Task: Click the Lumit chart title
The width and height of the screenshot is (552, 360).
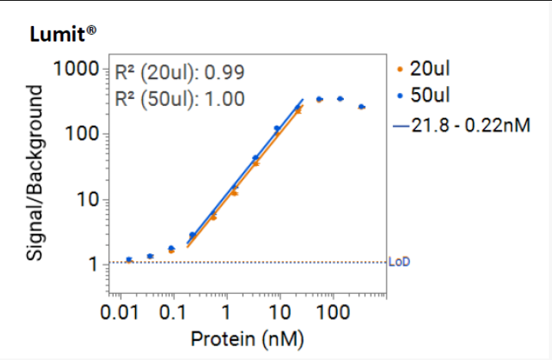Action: (62, 34)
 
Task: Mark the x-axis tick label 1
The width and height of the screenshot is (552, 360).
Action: (226, 314)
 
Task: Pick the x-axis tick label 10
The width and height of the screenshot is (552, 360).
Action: (279, 314)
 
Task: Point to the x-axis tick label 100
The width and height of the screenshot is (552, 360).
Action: (332, 314)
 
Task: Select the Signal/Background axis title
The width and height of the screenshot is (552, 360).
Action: (36, 165)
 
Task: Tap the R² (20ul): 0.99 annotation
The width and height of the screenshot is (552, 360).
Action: (180, 73)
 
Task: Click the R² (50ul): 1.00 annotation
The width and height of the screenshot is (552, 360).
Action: (180, 98)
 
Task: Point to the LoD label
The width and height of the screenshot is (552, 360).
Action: (400, 263)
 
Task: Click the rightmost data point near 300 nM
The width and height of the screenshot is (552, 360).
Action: (362, 107)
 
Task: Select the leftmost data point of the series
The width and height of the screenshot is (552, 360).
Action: (129, 260)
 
